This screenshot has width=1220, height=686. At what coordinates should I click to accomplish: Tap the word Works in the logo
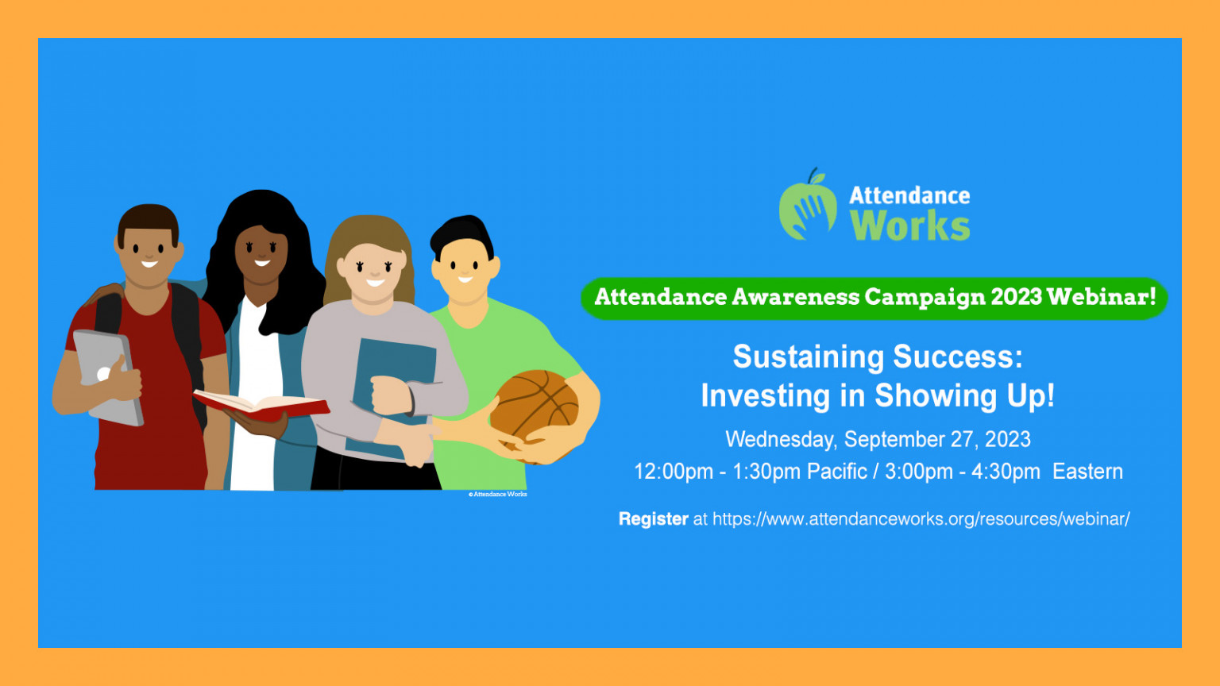909,225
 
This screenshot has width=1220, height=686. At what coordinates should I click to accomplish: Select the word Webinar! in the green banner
1102,297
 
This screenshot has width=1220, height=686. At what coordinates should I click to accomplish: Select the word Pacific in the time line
836,472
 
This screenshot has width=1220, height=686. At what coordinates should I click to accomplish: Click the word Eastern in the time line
1087,472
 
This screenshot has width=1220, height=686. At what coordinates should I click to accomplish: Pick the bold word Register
654,519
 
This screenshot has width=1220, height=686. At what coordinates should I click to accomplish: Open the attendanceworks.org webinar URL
921,518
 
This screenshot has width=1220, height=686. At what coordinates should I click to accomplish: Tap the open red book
261,407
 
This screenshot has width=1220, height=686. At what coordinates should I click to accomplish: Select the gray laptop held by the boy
108,377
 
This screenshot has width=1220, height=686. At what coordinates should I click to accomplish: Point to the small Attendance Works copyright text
498,495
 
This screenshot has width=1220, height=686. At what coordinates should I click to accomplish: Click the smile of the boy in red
149,264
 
